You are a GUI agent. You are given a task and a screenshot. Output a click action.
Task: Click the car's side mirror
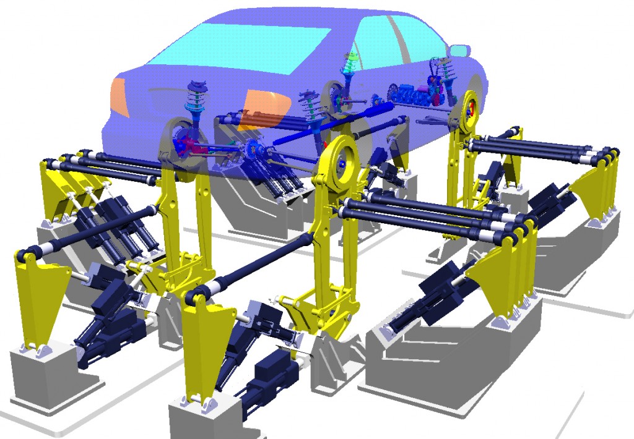click(459, 50)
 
